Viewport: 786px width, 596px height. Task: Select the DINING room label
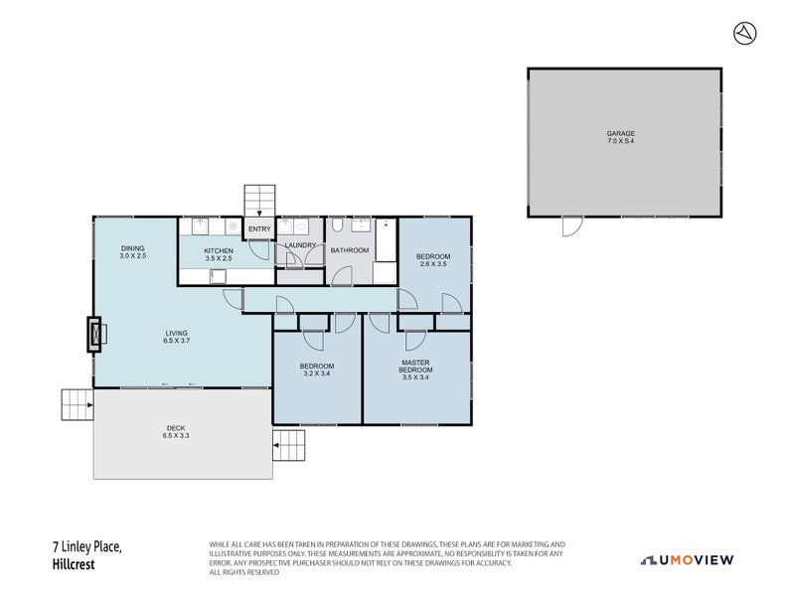(x=134, y=248)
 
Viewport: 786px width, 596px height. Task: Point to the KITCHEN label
(x=219, y=250)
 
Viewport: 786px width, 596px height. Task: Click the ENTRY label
(x=259, y=229)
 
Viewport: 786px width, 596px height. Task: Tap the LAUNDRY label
(x=300, y=245)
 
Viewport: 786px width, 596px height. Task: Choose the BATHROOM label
(x=350, y=250)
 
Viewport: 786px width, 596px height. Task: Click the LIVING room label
(x=177, y=333)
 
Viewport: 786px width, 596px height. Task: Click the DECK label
(x=175, y=428)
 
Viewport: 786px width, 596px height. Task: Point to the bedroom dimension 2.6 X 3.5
(x=433, y=265)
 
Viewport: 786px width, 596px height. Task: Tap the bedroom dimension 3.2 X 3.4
(x=317, y=374)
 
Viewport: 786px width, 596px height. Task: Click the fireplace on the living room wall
(x=95, y=334)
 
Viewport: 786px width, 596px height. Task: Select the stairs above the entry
(x=259, y=200)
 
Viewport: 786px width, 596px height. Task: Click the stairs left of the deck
(x=77, y=404)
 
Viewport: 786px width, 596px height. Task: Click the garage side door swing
(x=570, y=226)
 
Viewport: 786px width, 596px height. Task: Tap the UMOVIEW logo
(x=688, y=560)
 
